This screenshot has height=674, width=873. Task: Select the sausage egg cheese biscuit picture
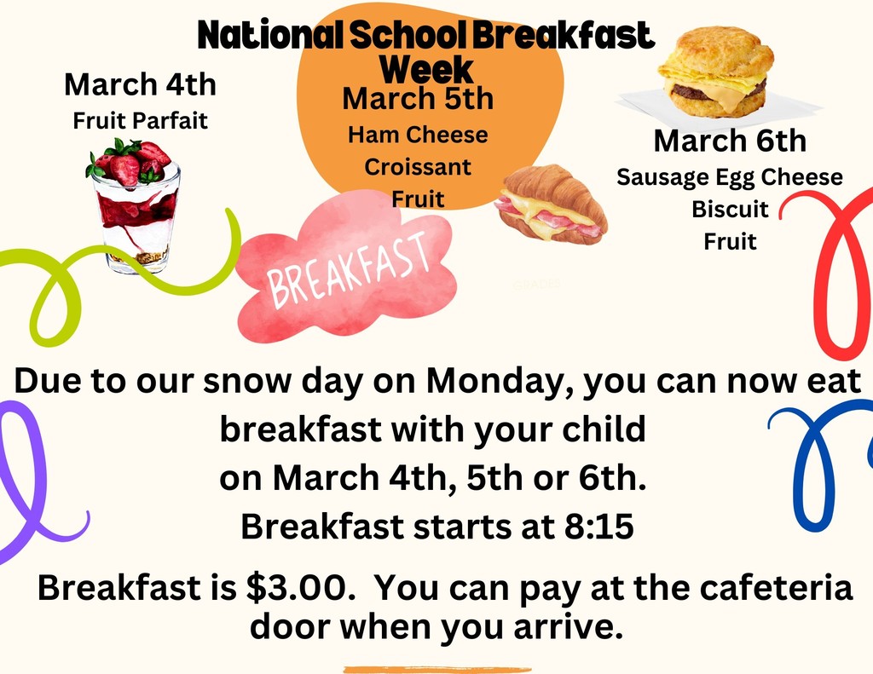[716, 73]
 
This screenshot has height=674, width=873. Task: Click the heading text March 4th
[140, 85]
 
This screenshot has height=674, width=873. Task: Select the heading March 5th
[418, 99]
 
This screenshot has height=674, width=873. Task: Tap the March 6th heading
[730, 141]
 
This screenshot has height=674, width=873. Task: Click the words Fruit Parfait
[140, 120]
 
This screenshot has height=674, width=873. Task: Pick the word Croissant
[418, 167]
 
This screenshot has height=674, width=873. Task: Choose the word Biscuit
[730, 209]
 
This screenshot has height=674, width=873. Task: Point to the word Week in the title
[426, 68]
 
